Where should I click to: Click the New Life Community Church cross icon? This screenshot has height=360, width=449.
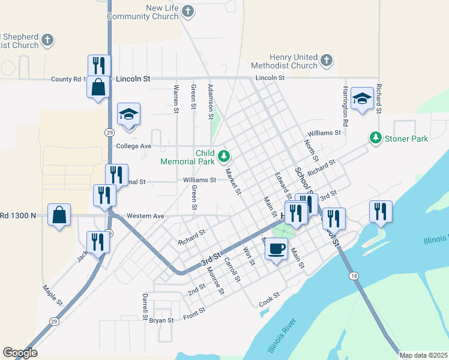pyautogui.click(x=188, y=11)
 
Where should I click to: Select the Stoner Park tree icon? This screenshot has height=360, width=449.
pyautogui.click(x=376, y=139)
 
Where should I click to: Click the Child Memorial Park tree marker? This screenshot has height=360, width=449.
pyautogui.click(x=224, y=157)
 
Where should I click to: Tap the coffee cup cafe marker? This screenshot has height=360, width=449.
pyautogui.click(x=276, y=248)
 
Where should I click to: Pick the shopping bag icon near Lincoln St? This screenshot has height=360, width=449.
pyautogui.click(x=98, y=87)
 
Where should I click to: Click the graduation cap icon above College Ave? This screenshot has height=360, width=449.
pyautogui.click(x=128, y=115)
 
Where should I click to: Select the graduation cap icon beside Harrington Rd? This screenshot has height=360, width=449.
pyautogui.click(x=362, y=98)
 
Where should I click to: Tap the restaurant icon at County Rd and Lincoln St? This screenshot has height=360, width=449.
pyautogui.click(x=99, y=65)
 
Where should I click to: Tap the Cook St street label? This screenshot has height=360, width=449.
pyautogui.click(x=270, y=298)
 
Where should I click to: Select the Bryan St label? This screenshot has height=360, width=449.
pyautogui.click(x=161, y=320)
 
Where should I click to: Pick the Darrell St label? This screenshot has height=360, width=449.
pyautogui.click(x=145, y=306)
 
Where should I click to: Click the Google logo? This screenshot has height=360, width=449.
pyautogui.click(x=20, y=353)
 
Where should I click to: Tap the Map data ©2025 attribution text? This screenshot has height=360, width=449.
pyautogui.click(x=423, y=355)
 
